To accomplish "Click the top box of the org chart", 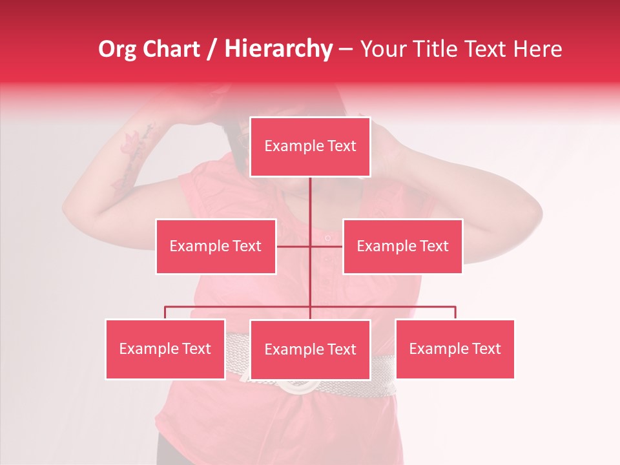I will pyautogui.click(x=310, y=147).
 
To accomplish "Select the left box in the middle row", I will pyautogui.click(x=216, y=246).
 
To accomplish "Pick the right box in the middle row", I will pyautogui.click(x=402, y=246).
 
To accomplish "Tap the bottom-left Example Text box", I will pyautogui.click(x=165, y=349).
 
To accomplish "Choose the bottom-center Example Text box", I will pyautogui.click(x=310, y=350).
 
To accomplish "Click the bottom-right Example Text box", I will pyautogui.click(x=455, y=349).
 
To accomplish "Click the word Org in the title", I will pyautogui.click(x=117, y=49).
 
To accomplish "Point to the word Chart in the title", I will pyautogui.click(x=171, y=49).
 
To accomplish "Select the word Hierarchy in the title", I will pyautogui.click(x=278, y=49).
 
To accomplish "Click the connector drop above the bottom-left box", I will pyautogui.click(x=165, y=313).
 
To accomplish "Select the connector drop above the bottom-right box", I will pyautogui.click(x=455, y=313).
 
